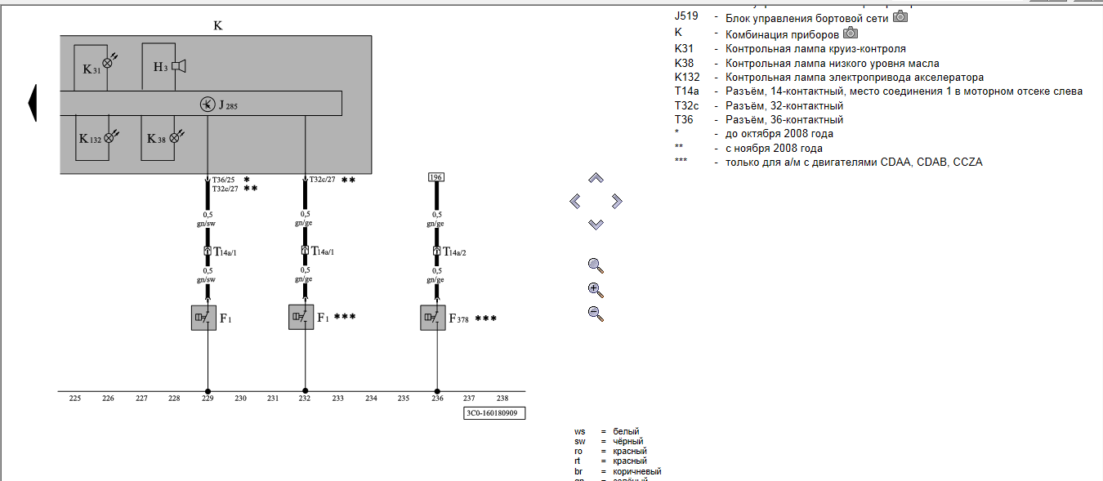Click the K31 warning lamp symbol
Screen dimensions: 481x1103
[108, 62]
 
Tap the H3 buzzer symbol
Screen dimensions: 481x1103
[178, 66]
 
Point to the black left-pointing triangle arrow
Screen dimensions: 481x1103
[33, 103]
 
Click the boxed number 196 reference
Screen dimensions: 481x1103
[436, 177]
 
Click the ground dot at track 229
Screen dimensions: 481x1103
[208, 391]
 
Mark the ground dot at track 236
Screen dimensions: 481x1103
[437, 391]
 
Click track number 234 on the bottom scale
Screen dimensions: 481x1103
[371, 399]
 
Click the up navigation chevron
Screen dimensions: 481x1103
[596, 178]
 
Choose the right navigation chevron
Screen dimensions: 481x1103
[617, 200]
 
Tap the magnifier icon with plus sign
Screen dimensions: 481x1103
[596, 289]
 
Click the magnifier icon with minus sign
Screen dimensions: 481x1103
[596, 313]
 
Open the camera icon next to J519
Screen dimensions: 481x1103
[900, 16]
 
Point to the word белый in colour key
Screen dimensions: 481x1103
[626, 431]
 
